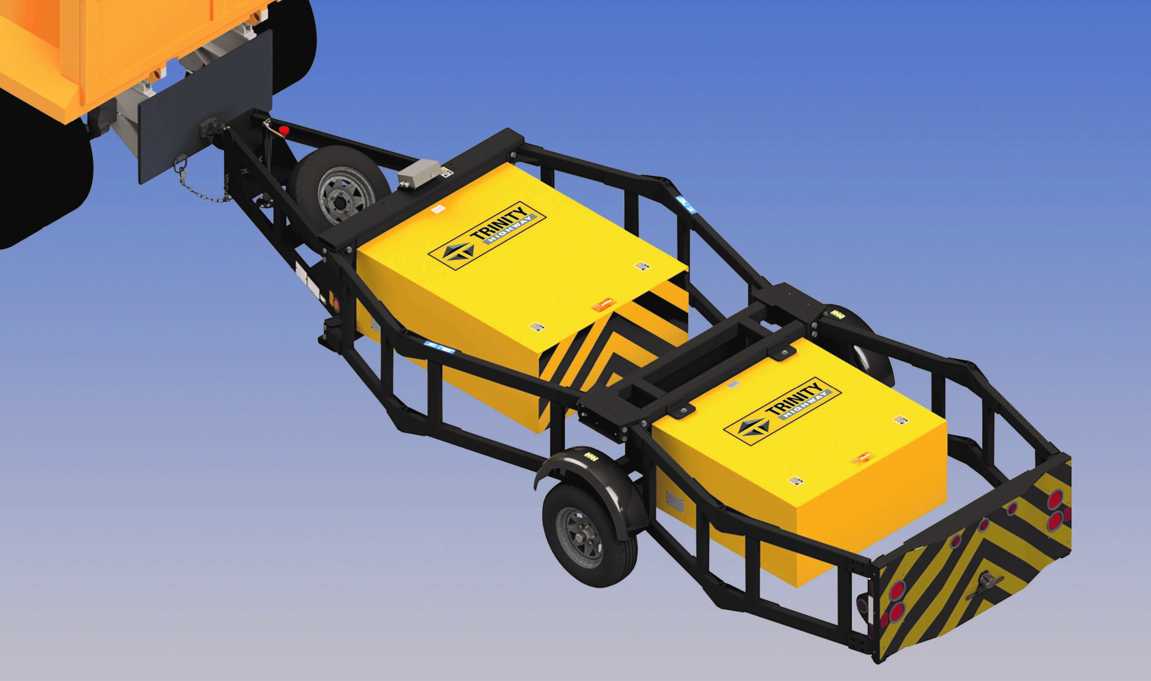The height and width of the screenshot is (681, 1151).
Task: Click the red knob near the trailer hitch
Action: click(x=284, y=130)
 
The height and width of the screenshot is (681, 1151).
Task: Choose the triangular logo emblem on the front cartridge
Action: click(x=459, y=251)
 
